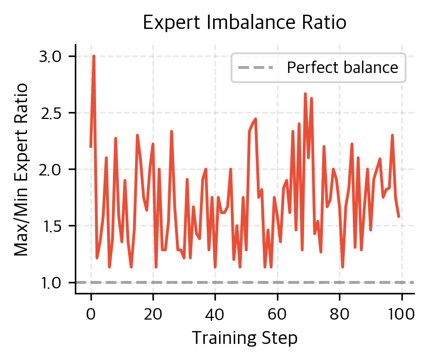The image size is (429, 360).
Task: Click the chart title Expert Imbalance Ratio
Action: coord(244,22)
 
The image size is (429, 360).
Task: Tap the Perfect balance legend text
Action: coord(342,68)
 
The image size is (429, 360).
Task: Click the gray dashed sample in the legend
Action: coord(255,68)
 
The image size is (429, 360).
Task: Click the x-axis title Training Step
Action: coord(244,338)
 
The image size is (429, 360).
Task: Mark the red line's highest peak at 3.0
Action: coord(94,56)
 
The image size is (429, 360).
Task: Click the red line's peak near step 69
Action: coord(305,94)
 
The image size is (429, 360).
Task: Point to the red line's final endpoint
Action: coord(399,217)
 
